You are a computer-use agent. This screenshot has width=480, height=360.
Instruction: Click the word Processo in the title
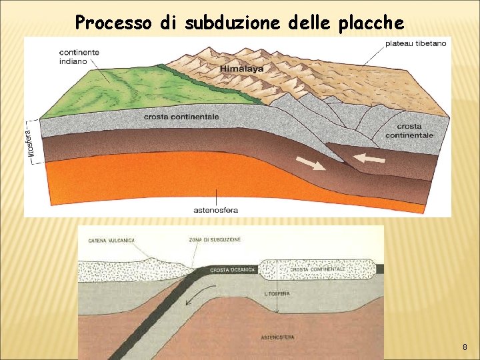click(x=113, y=23)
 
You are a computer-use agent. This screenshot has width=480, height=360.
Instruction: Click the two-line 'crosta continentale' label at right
click(x=409, y=131)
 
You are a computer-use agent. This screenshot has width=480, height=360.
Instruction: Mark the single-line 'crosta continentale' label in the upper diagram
click(x=181, y=117)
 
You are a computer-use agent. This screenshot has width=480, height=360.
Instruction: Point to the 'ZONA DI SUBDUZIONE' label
click(x=215, y=239)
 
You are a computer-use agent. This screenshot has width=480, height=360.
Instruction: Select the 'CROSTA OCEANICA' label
click(x=233, y=269)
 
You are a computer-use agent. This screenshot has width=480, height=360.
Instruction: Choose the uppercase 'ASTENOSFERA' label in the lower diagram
click(x=277, y=337)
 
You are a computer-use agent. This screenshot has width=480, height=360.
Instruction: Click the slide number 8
click(x=465, y=348)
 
